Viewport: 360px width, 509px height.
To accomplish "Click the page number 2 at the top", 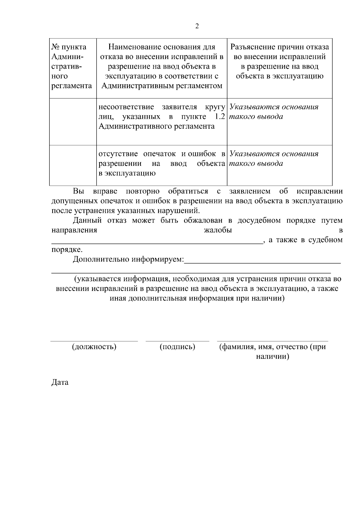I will point(197,26).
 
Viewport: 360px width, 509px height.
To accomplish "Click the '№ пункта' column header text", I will point(69,47).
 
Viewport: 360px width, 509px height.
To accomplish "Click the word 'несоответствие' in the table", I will point(126,107).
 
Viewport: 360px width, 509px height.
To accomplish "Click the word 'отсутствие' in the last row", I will point(118,154).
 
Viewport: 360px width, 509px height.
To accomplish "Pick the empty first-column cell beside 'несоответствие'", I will point(73,121).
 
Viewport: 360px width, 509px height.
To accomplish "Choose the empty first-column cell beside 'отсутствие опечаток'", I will point(73,165).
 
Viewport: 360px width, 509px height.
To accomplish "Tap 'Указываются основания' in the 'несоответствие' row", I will point(274,107).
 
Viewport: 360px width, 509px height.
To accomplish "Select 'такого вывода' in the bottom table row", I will point(256,163).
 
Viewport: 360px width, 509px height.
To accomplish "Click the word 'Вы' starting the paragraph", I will point(79,191).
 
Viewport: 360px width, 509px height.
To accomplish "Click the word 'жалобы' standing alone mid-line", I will point(218,230).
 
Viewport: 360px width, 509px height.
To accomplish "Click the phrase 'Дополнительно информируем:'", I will point(128,259).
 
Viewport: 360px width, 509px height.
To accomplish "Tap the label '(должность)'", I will point(94,347).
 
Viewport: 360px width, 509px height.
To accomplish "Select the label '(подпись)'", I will point(177,347).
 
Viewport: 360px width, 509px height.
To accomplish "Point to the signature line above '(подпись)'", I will point(177,341).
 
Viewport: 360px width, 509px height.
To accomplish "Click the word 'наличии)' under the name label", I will point(272,357).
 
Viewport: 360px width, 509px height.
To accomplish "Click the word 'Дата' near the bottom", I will point(60,382).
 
